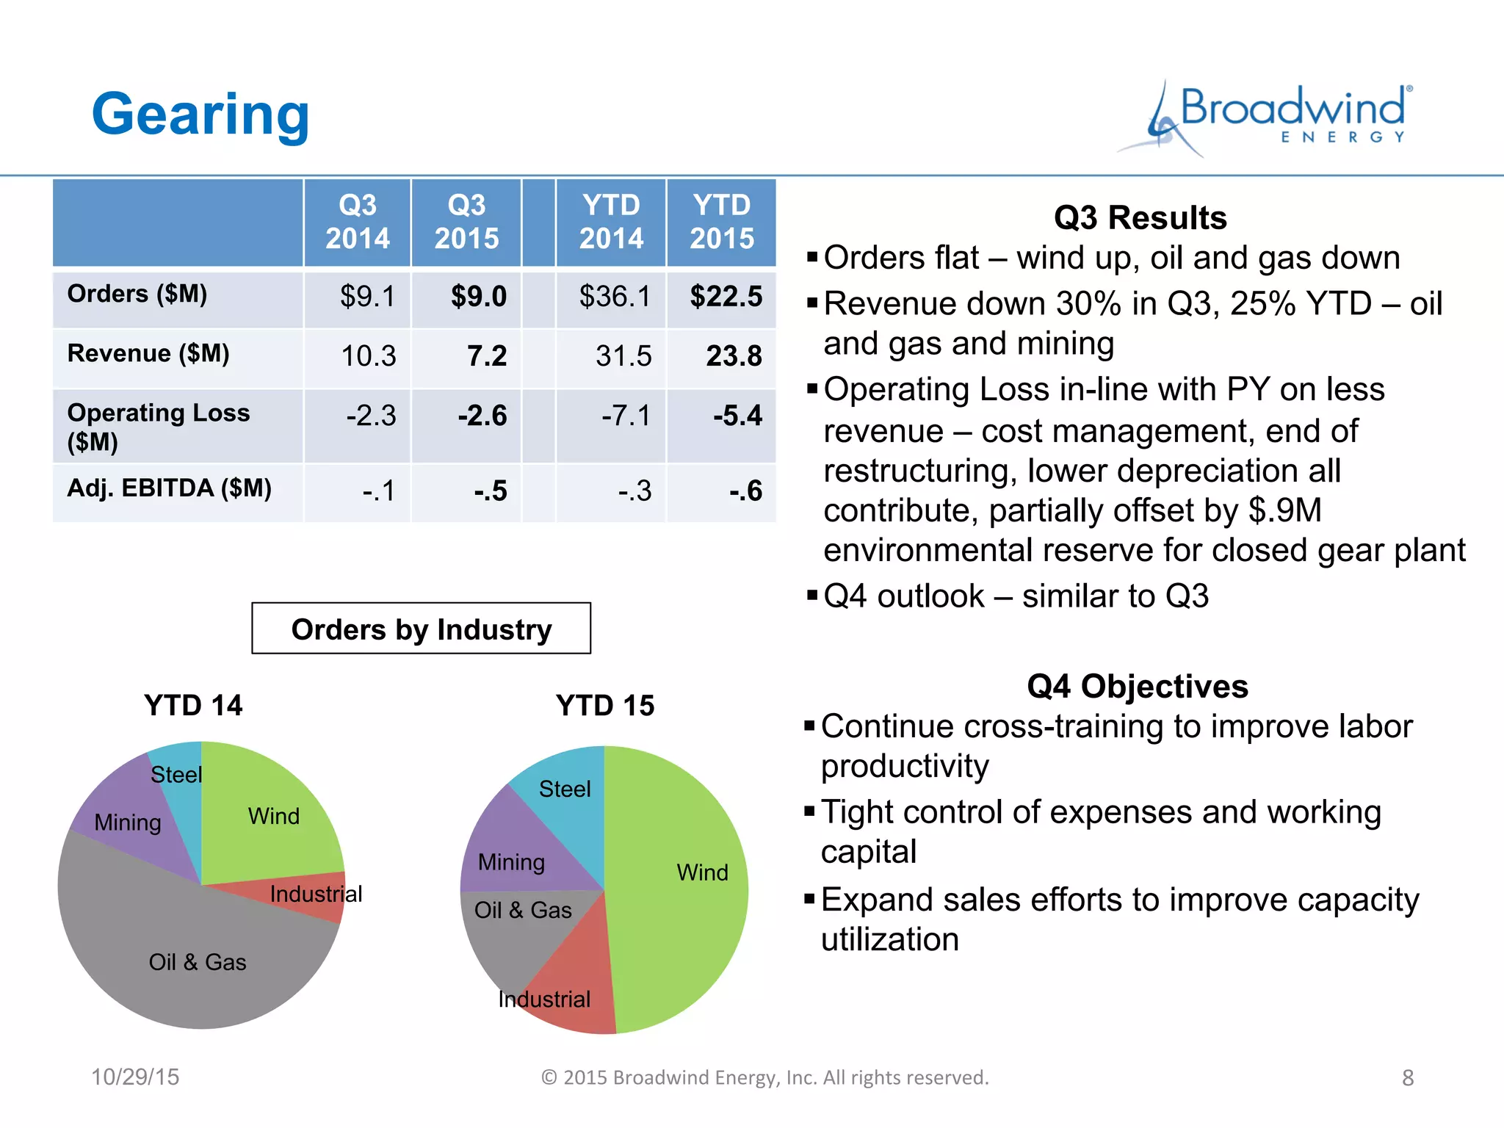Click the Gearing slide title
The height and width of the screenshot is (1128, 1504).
[x=200, y=115]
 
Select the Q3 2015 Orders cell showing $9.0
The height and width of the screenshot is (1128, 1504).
[x=478, y=297]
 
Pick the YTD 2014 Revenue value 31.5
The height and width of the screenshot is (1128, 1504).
[x=623, y=356]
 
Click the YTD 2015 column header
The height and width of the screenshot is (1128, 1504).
[x=721, y=222]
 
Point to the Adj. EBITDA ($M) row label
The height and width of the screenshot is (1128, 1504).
[x=169, y=488]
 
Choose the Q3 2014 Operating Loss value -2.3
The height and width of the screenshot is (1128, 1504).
[x=371, y=416]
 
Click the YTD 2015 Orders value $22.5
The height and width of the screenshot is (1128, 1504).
[x=726, y=297]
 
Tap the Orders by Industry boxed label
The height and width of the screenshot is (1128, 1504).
[x=421, y=629]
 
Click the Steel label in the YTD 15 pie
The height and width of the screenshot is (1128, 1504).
[x=565, y=789]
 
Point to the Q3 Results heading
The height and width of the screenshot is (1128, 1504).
[x=1140, y=218]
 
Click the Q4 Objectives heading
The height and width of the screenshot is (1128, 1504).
[x=1137, y=687]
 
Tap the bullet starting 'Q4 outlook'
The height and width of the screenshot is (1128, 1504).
[x=1015, y=596]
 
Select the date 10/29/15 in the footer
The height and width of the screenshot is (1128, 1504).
[x=135, y=1077]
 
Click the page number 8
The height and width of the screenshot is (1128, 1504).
[x=1407, y=1078]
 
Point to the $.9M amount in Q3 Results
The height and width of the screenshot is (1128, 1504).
[x=1284, y=510]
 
